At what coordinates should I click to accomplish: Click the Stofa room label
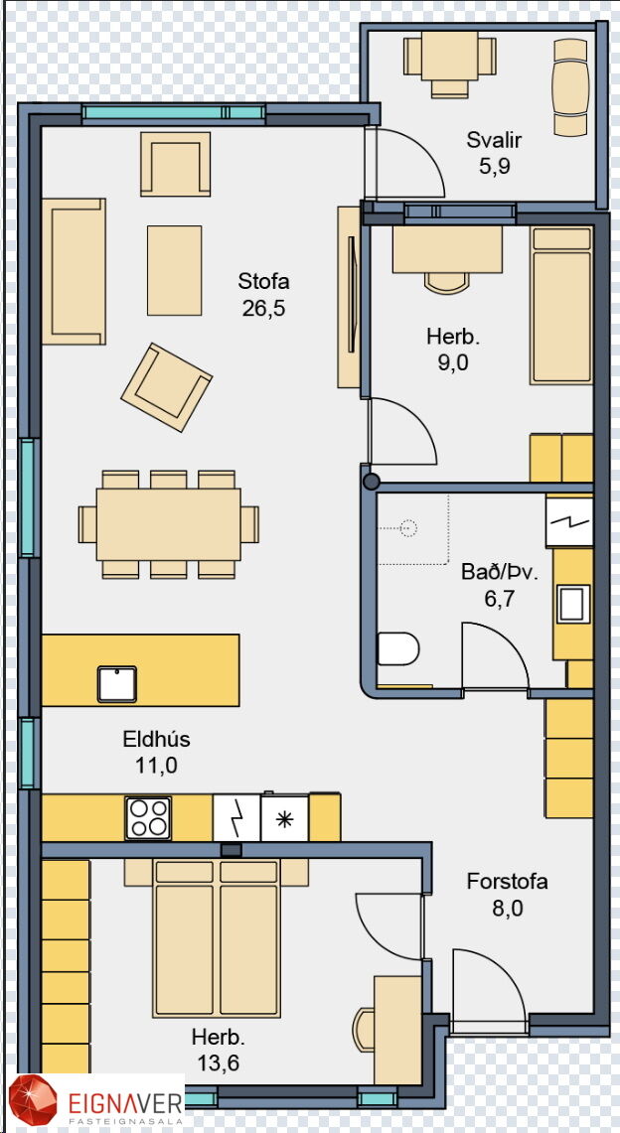click(263, 280)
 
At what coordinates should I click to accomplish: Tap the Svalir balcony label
click(494, 139)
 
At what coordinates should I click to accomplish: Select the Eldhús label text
click(156, 739)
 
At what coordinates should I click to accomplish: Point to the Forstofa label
click(508, 882)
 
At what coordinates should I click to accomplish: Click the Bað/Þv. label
click(500, 573)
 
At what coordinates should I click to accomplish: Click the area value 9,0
click(453, 362)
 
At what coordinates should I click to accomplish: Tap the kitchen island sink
click(117, 683)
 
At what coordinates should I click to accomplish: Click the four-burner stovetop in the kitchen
click(148, 818)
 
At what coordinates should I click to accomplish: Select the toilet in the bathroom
click(398, 648)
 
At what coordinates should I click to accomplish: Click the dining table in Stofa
click(168, 524)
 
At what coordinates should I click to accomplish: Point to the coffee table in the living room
click(174, 270)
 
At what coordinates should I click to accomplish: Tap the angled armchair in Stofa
click(166, 387)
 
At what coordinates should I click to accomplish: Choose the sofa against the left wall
click(74, 271)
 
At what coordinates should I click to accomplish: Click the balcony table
click(450, 55)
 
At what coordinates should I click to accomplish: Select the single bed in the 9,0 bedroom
click(561, 305)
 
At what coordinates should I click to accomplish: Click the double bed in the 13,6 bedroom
click(217, 938)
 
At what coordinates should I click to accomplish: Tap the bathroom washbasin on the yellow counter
click(571, 604)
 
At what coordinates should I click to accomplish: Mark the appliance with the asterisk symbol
click(285, 818)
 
